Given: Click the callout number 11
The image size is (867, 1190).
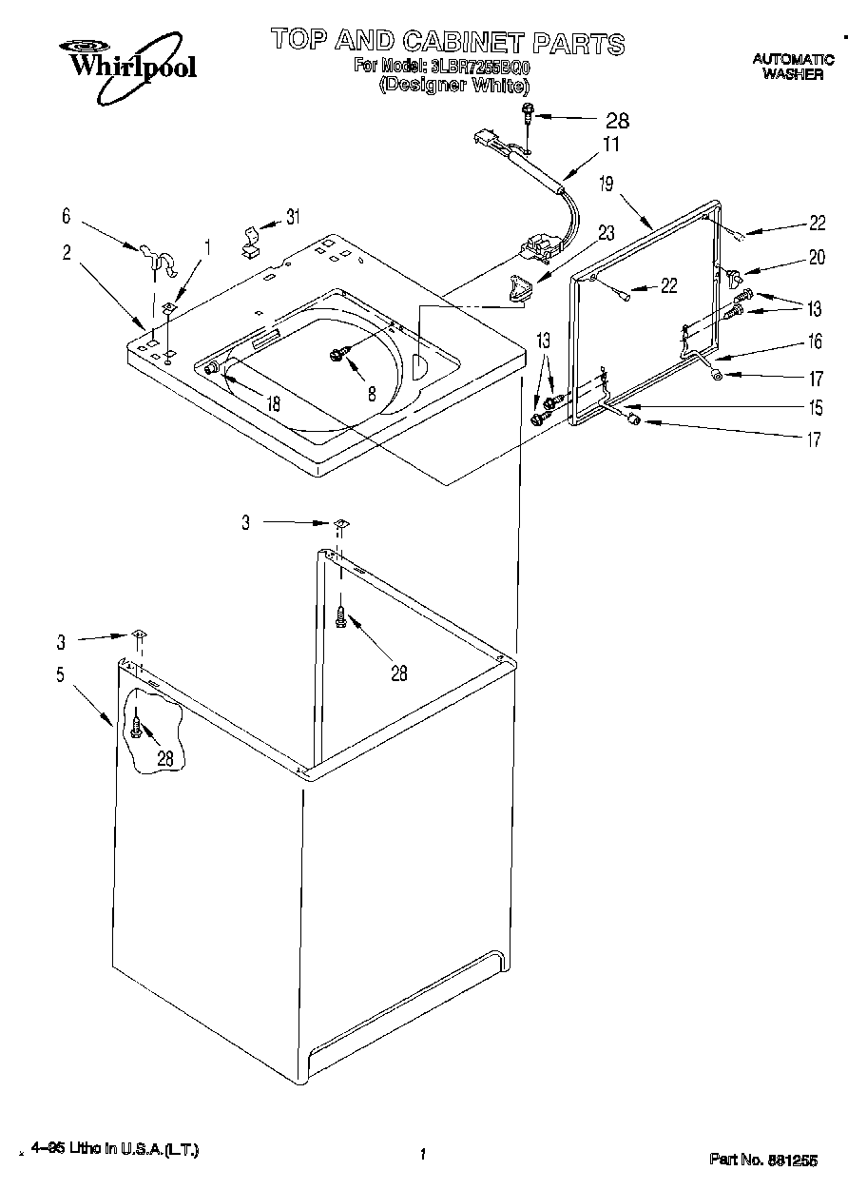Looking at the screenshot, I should point(610,146).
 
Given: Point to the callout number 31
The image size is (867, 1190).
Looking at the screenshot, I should point(293,216).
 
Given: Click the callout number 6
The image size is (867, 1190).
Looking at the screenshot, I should point(66,217).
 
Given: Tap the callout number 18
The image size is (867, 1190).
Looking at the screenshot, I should point(274,403).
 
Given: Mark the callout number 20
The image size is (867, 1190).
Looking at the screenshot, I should point(817,256).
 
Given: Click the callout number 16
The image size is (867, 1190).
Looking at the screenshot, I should point(815,341).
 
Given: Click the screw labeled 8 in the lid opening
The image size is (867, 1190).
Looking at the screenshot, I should point(337,355).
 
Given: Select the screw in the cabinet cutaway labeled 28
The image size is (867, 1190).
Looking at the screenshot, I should point(137,730).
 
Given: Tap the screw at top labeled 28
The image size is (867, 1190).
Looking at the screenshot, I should point(526,116).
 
